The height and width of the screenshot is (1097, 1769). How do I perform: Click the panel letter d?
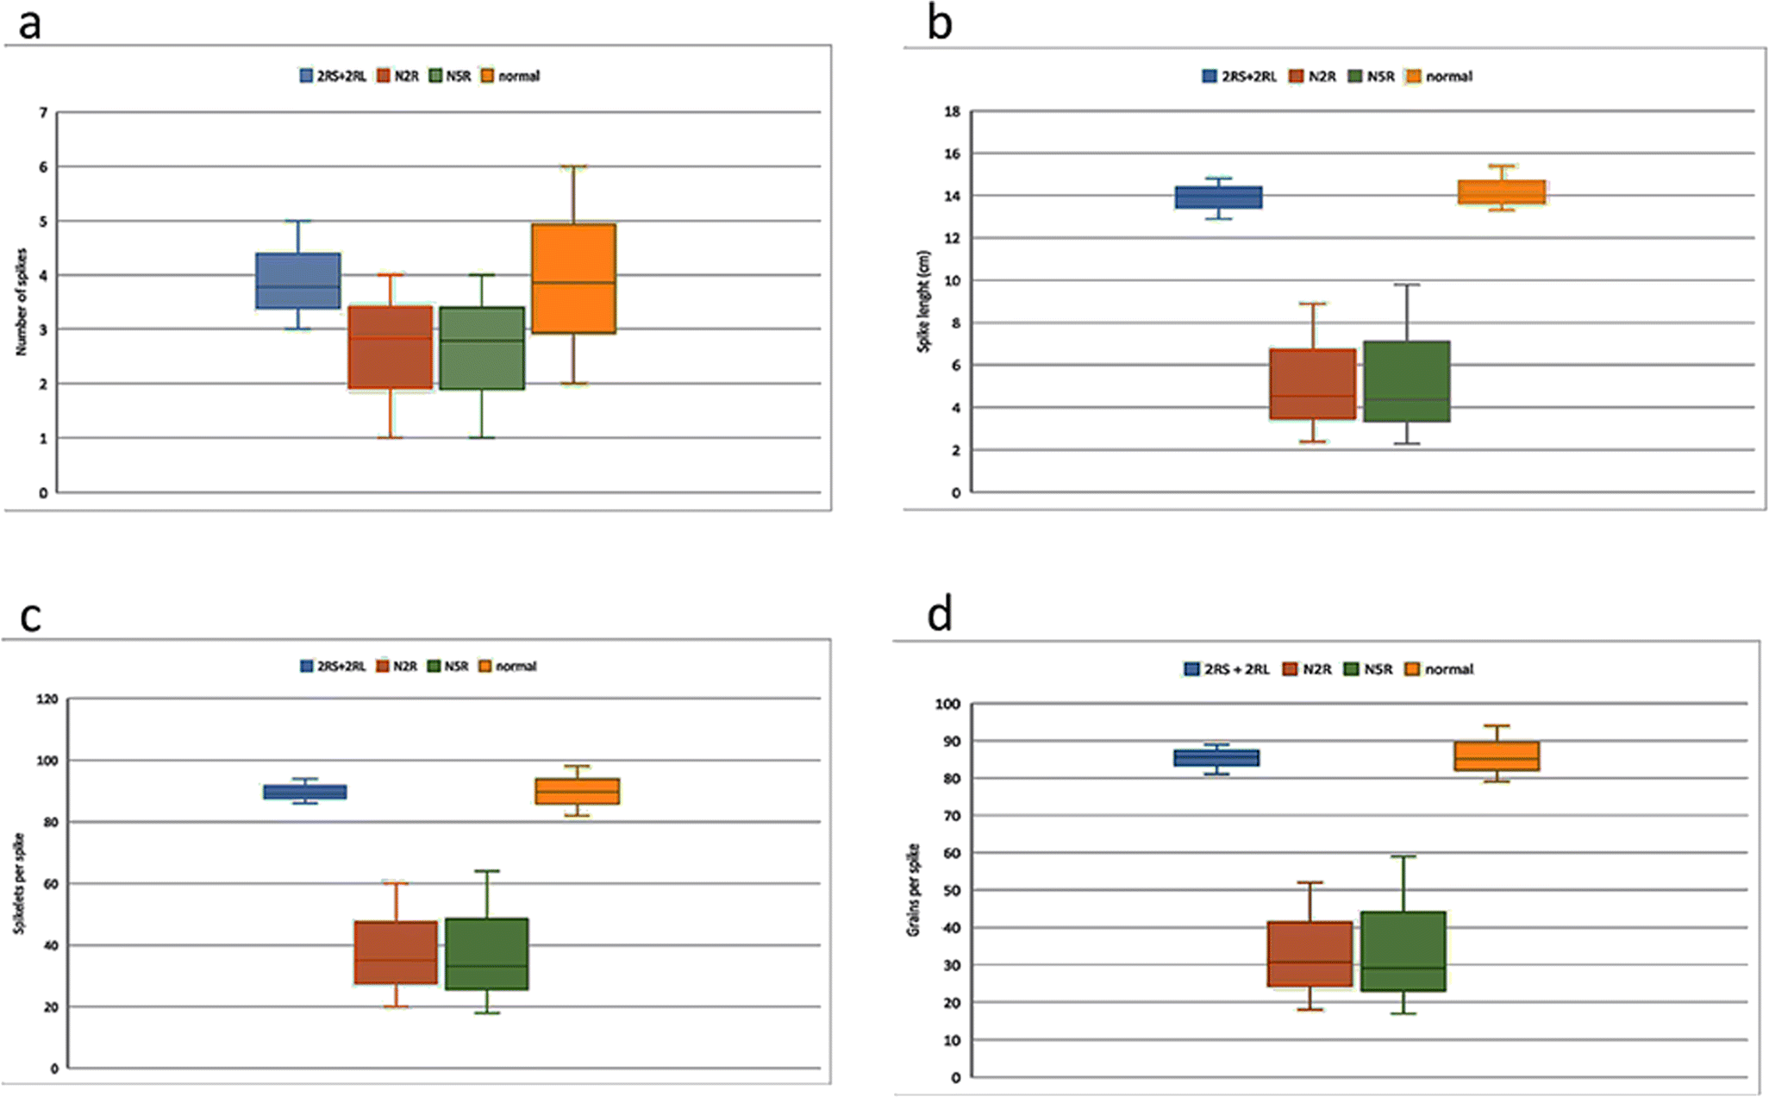[x=939, y=616]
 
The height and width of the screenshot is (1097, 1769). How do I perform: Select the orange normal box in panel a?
[x=573, y=279]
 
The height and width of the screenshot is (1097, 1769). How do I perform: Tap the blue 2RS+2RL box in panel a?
[x=298, y=280]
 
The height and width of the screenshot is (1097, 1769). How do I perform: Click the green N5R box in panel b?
[x=1406, y=381]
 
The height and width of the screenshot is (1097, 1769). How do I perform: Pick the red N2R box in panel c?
[x=396, y=952]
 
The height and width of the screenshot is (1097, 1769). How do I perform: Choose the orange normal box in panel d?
[x=1497, y=755]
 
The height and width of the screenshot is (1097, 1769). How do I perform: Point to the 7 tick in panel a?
[x=43, y=113]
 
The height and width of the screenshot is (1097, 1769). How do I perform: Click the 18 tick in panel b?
[x=952, y=111]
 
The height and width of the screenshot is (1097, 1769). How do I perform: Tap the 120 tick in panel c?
[x=47, y=699]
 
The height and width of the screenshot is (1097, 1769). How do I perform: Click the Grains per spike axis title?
[x=913, y=890]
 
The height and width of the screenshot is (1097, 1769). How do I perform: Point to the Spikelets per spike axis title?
[x=19, y=883]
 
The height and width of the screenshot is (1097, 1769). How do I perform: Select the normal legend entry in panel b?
[x=1440, y=77]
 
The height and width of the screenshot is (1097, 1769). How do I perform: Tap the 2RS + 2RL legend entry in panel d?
[x=1228, y=669]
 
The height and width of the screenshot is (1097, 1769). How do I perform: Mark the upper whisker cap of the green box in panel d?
[x=1403, y=856]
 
